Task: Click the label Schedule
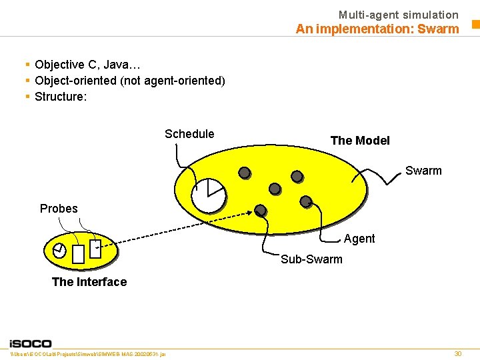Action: click(189, 134)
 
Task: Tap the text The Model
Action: click(360, 141)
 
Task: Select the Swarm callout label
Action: click(423, 171)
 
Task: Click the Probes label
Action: click(59, 209)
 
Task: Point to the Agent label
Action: click(359, 239)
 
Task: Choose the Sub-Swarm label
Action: click(311, 259)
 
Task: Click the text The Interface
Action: click(89, 282)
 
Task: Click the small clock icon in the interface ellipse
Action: click(59, 251)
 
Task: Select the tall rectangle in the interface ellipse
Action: click(79, 253)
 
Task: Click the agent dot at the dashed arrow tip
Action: click(261, 211)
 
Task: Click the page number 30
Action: click(457, 353)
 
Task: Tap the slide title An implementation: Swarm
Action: click(377, 29)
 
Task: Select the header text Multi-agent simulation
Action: click(398, 15)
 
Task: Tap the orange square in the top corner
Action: click(476, 25)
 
